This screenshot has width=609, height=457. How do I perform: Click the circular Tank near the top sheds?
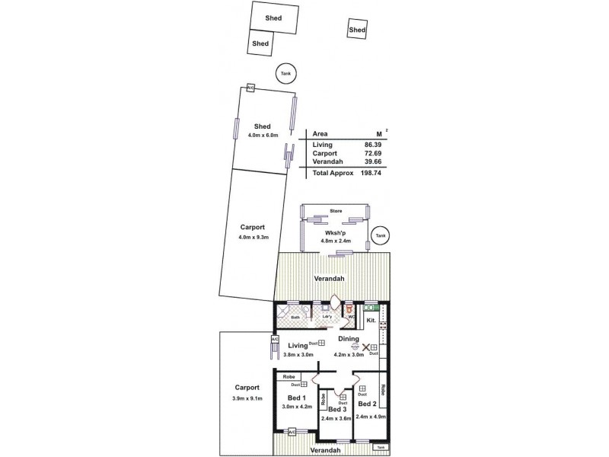click(285, 73)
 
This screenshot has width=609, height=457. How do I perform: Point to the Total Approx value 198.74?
click(371, 173)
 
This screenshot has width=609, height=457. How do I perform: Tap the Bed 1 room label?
click(297, 398)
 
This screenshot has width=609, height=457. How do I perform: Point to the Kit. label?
click(371, 321)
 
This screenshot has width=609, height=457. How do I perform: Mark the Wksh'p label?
click(336, 232)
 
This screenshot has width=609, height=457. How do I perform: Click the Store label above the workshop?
click(336, 210)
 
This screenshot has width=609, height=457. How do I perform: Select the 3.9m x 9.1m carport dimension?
click(247, 399)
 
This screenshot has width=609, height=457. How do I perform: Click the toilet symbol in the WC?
click(350, 311)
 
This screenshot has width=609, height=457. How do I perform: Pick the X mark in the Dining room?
click(365, 347)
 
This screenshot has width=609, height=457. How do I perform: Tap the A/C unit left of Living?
click(275, 339)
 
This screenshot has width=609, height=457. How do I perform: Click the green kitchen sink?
click(371, 306)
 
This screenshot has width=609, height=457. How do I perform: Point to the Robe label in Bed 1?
click(289, 376)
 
